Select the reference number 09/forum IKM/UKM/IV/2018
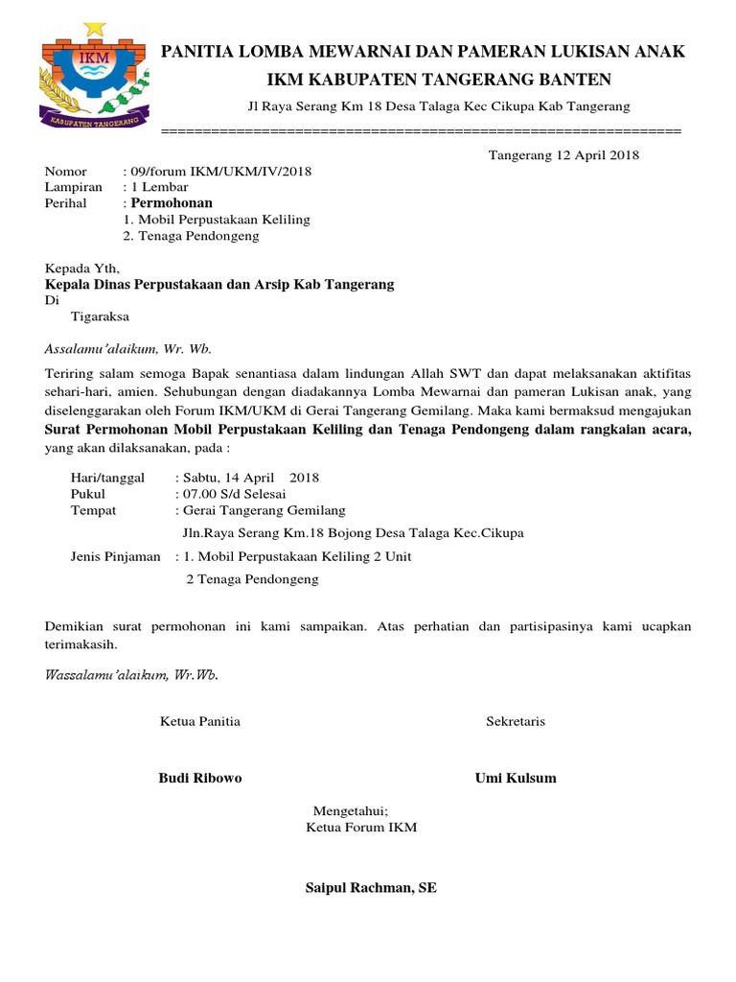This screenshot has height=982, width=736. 221,171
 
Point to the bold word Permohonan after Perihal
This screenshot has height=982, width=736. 172,203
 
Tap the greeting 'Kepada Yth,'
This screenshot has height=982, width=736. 83,269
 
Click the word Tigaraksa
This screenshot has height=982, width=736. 100,316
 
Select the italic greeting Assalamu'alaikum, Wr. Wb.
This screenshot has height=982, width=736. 128,348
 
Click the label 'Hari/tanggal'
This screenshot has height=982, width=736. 109,477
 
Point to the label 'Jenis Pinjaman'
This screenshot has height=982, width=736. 116,556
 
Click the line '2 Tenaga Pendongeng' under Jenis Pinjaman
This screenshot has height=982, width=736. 252,579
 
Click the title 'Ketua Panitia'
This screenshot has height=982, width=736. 199,721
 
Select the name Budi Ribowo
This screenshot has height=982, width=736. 199,778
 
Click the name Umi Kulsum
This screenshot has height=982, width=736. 516,778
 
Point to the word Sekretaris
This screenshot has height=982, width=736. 516,721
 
